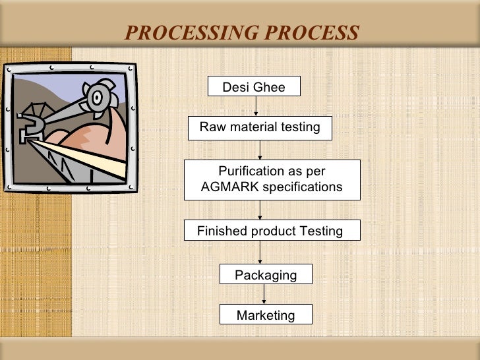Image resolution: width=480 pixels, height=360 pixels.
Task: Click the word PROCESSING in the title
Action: (191, 32)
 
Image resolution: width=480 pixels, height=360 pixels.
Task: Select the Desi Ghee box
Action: (254, 87)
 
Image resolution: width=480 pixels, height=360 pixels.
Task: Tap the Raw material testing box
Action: (260, 127)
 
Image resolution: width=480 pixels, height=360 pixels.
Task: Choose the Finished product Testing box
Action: (271, 231)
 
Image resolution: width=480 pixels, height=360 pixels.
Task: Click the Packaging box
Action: (266, 275)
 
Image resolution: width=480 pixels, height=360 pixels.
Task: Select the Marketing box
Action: (266, 315)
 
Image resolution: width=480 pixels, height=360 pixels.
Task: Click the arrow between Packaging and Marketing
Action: (265, 294)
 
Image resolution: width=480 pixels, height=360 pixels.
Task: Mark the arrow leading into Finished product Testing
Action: (260, 210)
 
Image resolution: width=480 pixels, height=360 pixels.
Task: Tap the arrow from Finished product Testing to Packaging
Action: (260, 253)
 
